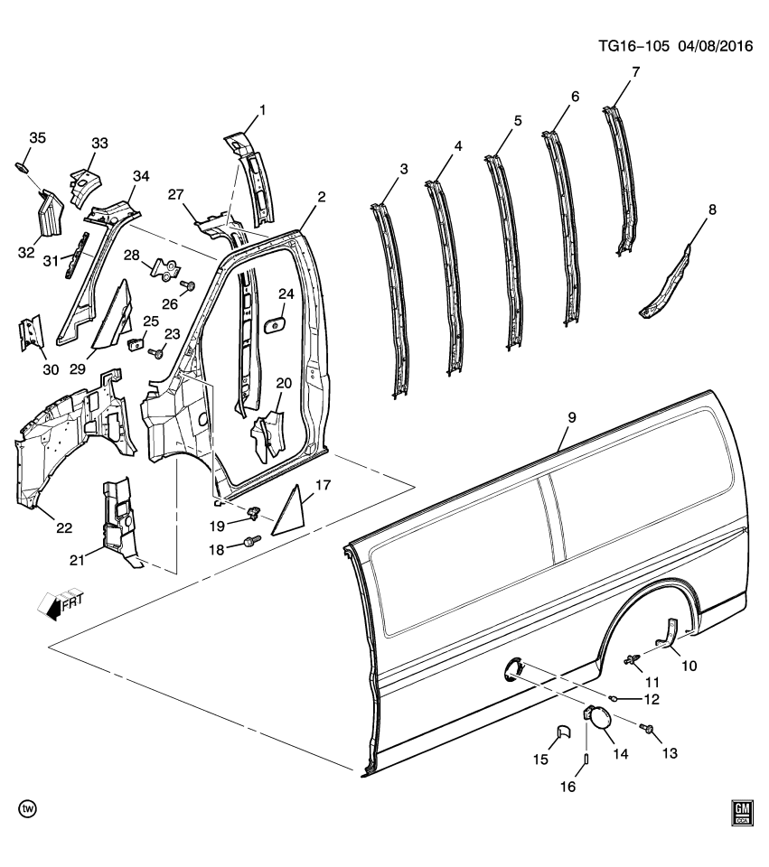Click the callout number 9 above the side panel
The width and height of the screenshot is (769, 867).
tap(571, 418)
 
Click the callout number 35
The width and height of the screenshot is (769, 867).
tap(37, 138)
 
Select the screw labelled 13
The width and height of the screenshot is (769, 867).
tap(649, 728)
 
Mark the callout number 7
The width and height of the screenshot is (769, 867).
tap(635, 72)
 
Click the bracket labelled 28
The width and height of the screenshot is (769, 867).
tap(164, 268)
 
